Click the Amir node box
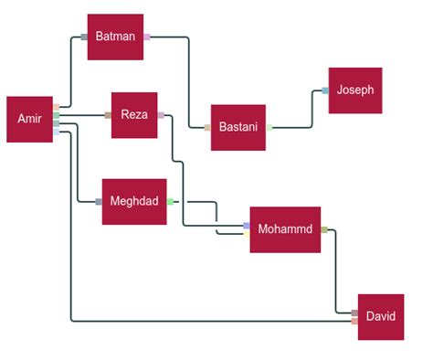pyautogui.click(x=29, y=119)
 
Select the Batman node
pyautogui.click(x=115, y=37)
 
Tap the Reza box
pyautogui.click(x=134, y=115)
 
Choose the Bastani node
pyautogui.click(x=238, y=128)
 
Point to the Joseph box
pyautogui.click(x=354, y=90)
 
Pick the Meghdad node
pyautogui.click(x=134, y=201)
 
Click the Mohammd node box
pyautogui.click(x=285, y=228)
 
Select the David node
pyautogui.click(x=381, y=316)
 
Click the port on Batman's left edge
pyautogui.click(x=84, y=37)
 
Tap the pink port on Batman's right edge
pyautogui.click(x=146, y=37)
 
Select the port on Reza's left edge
pyautogui.click(x=108, y=115)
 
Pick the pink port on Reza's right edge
pyautogui.click(x=161, y=115)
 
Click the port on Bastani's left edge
pyautogui.click(x=207, y=128)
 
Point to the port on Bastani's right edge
pyautogui.click(x=269, y=128)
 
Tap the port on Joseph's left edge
pyautogui.click(x=325, y=90)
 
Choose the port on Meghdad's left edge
pyautogui.click(x=99, y=201)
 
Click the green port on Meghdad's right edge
pyautogui.click(x=170, y=201)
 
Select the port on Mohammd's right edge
pyautogui.click(x=323, y=230)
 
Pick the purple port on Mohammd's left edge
pyautogui.click(x=246, y=225)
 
